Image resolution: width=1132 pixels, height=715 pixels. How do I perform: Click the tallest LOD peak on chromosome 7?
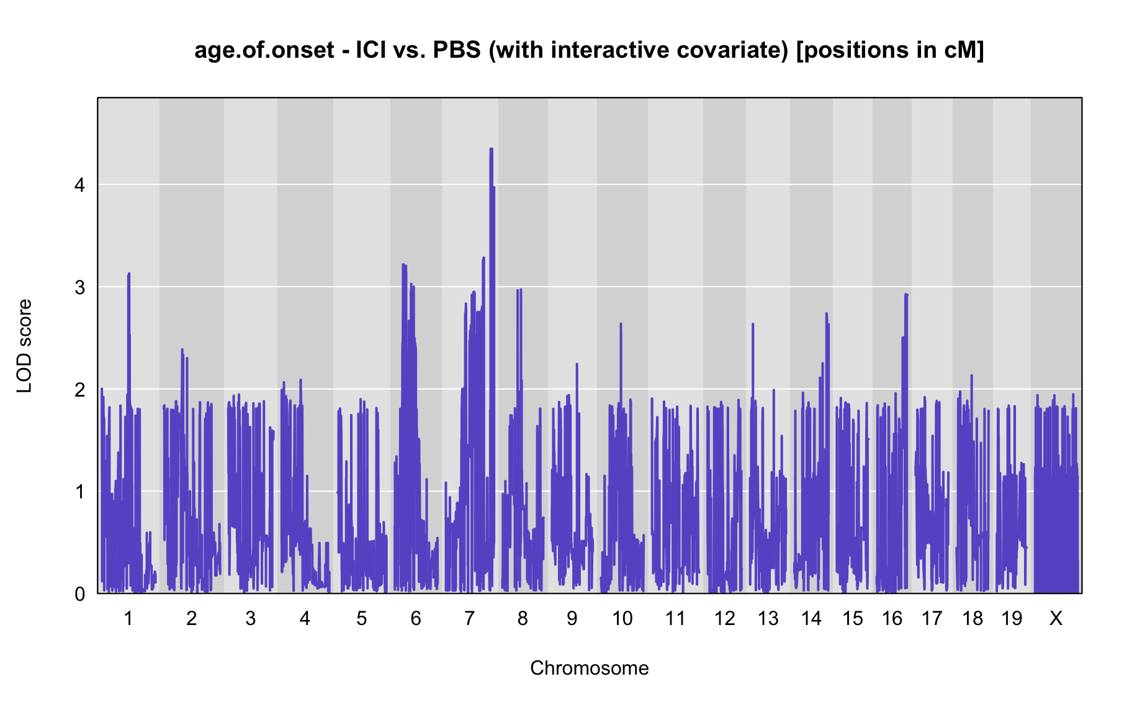click(x=491, y=149)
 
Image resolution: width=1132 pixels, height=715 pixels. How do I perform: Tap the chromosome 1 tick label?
click(x=128, y=618)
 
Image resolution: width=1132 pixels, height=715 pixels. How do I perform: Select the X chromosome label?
click(x=1056, y=618)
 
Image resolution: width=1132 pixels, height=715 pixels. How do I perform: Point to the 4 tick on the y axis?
click(x=79, y=185)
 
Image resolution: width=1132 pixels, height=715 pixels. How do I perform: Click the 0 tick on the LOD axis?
click(x=79, y=594)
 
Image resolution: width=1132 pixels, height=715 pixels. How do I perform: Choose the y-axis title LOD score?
click(x=24, y=346)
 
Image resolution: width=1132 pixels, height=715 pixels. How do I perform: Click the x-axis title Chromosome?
click(x=590, y=668)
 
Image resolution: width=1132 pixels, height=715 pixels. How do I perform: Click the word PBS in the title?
click(x=457, y=50)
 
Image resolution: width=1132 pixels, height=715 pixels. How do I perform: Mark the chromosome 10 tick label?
click(x=622, y=618)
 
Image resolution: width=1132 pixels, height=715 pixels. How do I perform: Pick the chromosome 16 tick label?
click(x=892, y=618)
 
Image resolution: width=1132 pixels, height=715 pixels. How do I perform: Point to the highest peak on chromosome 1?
click(x=128, y=274)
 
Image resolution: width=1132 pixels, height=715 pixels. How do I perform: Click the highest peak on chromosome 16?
click(x=906, y=295)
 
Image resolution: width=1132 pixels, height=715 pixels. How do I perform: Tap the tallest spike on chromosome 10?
click(x=621, y=324)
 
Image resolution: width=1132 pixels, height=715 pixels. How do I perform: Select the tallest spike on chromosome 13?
click(x=753, y=324)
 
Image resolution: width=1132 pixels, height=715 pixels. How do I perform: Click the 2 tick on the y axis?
click(x=79, y=390)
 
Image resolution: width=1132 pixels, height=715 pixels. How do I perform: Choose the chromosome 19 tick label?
click(x=1012, y=618)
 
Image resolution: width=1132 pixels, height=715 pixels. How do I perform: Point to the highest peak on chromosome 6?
click(x=403, y=265)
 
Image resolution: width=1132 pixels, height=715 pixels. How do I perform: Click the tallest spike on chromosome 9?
click(x=577, y=364)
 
